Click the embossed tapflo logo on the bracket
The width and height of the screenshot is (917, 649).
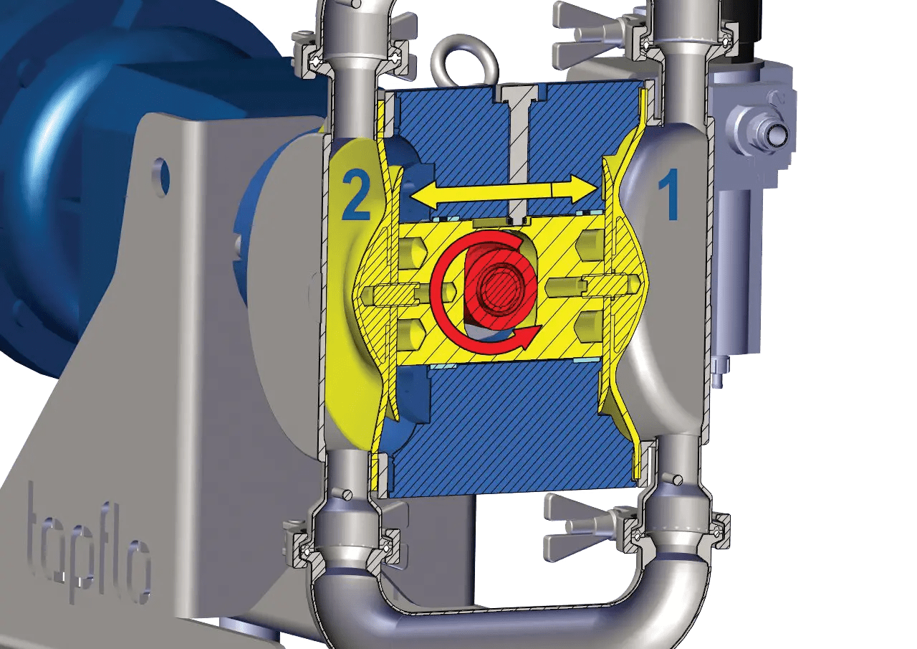(x=90, y=545)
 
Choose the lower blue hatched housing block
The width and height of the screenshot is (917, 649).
(x=501, y=430)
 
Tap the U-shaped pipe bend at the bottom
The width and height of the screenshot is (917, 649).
(x=501, y=595)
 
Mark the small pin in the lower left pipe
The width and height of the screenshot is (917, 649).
(x=347, y=493)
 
